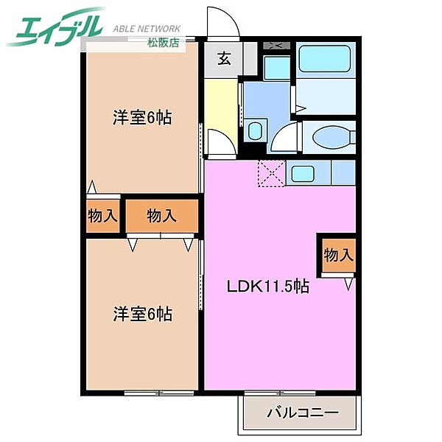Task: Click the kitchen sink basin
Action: tap(303, 173)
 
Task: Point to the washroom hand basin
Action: tap(255, 132)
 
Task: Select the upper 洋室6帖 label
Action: tap(142, 117)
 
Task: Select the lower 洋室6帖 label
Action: tap(142, 314)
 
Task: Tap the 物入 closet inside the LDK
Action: tap(338, 256)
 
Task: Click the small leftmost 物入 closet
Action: tap(102, 216)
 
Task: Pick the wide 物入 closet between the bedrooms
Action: tap(161, 216)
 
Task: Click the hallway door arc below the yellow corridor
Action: tap(220, 141)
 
